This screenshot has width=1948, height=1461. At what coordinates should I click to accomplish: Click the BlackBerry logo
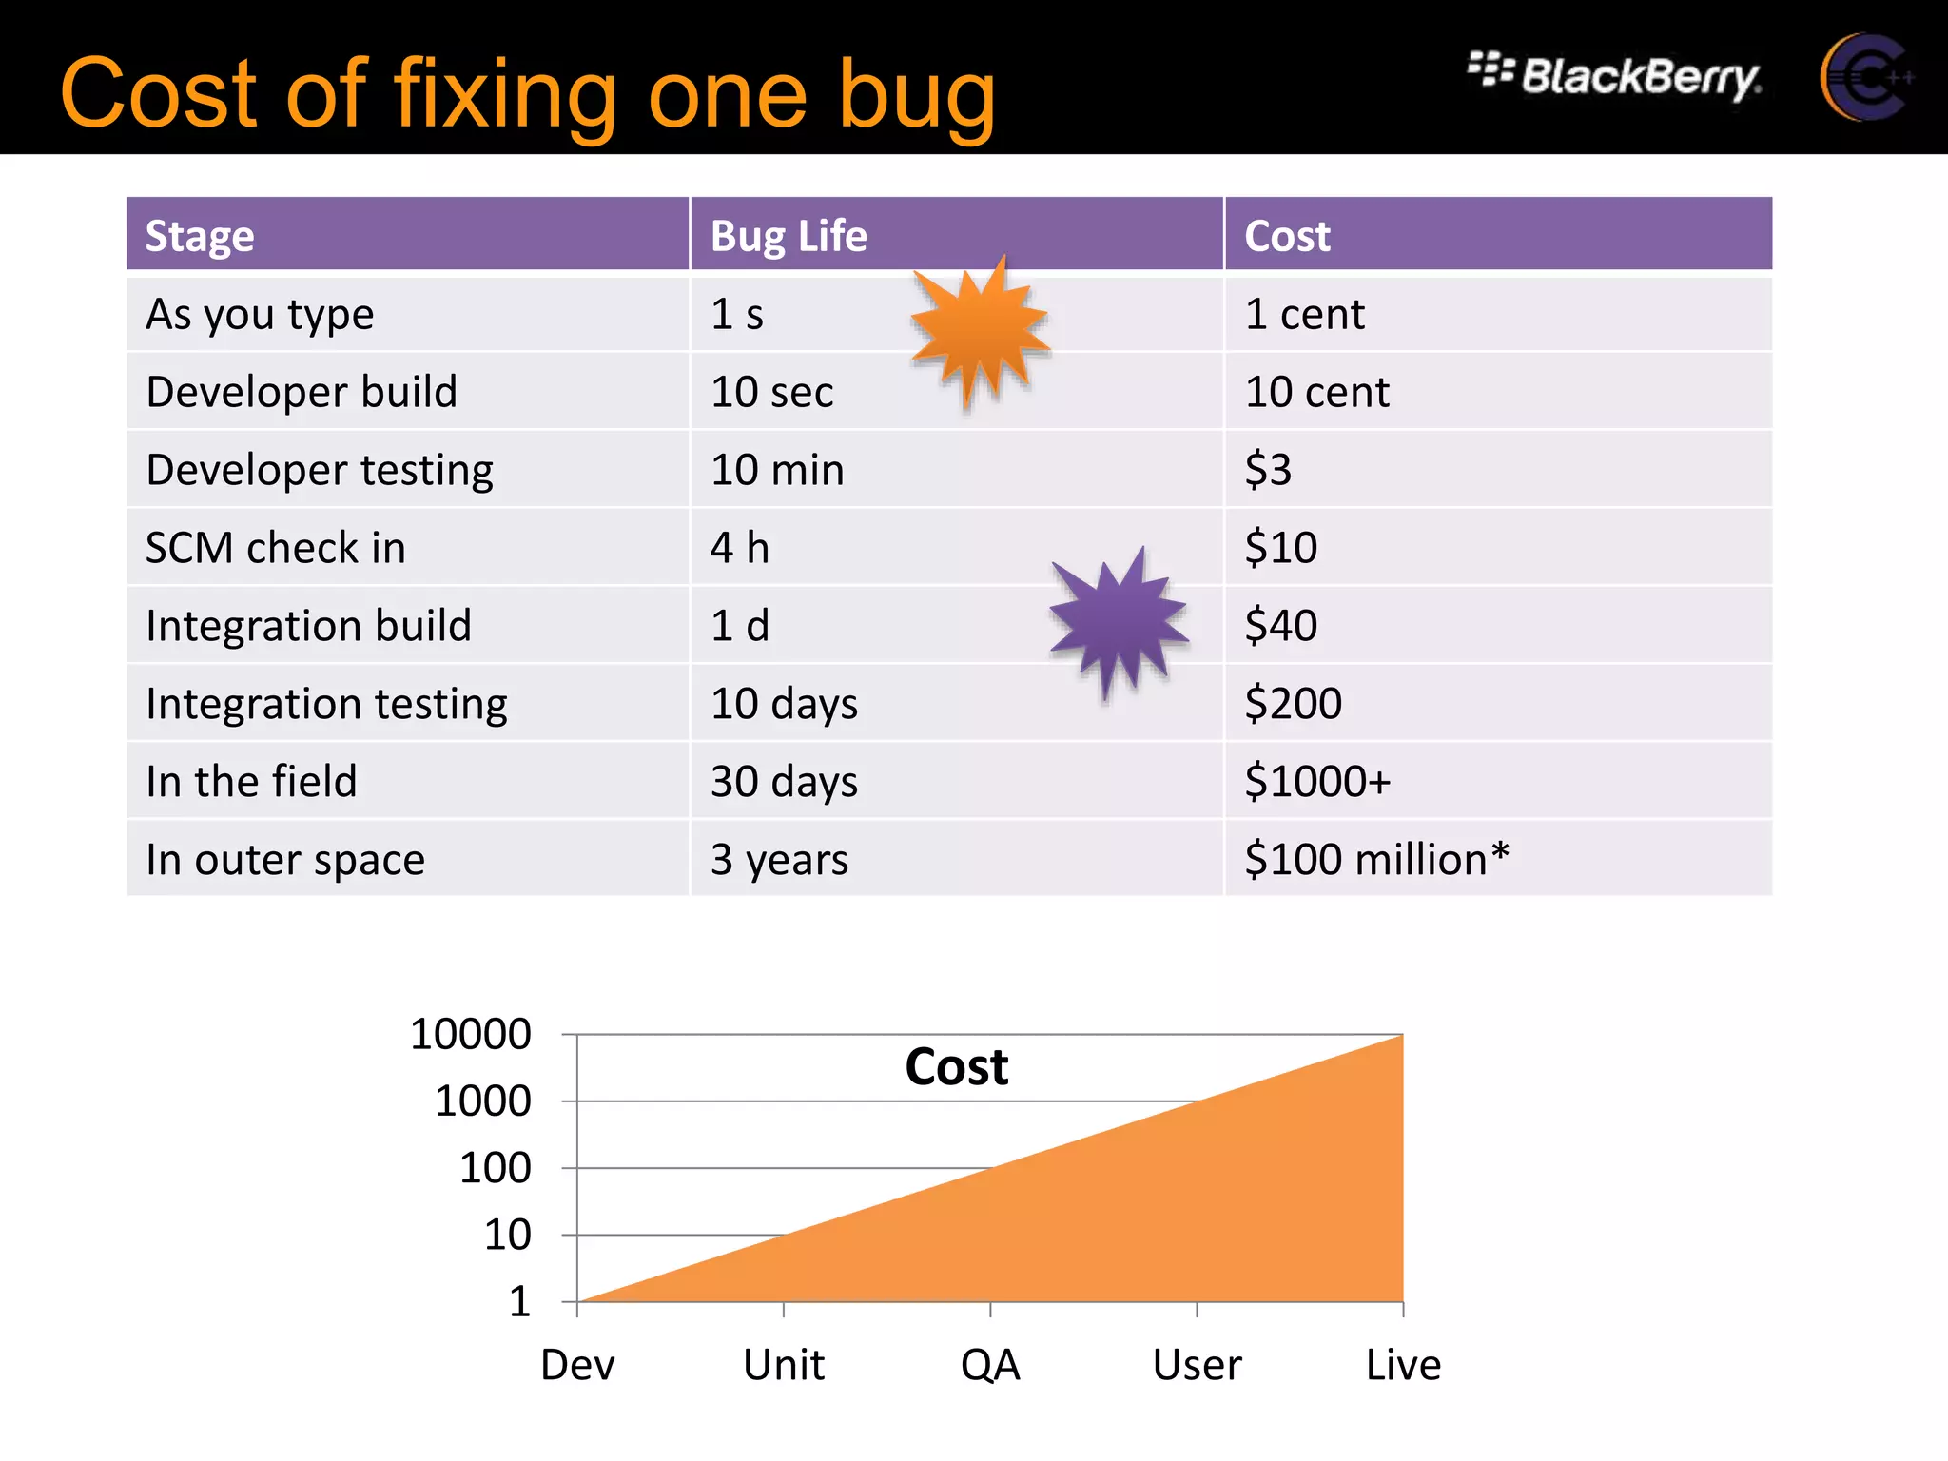[1615, 76]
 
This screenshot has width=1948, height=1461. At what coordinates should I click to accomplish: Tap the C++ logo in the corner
[1865, 78]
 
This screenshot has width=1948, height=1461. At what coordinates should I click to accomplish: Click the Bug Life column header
[789, 236]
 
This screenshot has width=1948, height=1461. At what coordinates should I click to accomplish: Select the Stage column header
[200, 236]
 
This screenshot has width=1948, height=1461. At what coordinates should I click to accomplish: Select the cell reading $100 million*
[1376, 859]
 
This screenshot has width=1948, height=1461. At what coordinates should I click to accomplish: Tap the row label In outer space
[285, 860]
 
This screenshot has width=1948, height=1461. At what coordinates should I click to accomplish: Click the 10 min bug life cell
[777, 470]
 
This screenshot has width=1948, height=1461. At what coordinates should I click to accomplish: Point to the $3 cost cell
[1269, 470]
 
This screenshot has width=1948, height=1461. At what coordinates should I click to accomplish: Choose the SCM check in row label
[276, 548]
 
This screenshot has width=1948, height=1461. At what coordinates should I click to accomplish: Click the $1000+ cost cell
[1317, 782]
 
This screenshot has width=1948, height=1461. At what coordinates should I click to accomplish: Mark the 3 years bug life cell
[779, 860]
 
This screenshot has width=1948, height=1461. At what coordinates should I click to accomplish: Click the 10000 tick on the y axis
[470, 1034]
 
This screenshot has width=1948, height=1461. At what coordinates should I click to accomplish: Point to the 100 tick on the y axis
[495, 1168]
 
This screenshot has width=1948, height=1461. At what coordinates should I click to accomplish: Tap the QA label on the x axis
[990, 1365]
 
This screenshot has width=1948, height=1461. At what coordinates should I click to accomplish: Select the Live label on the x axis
[1403, 1365]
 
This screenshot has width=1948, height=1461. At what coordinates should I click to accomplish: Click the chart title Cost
[956, 1066]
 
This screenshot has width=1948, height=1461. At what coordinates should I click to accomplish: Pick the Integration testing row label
[326, 704]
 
